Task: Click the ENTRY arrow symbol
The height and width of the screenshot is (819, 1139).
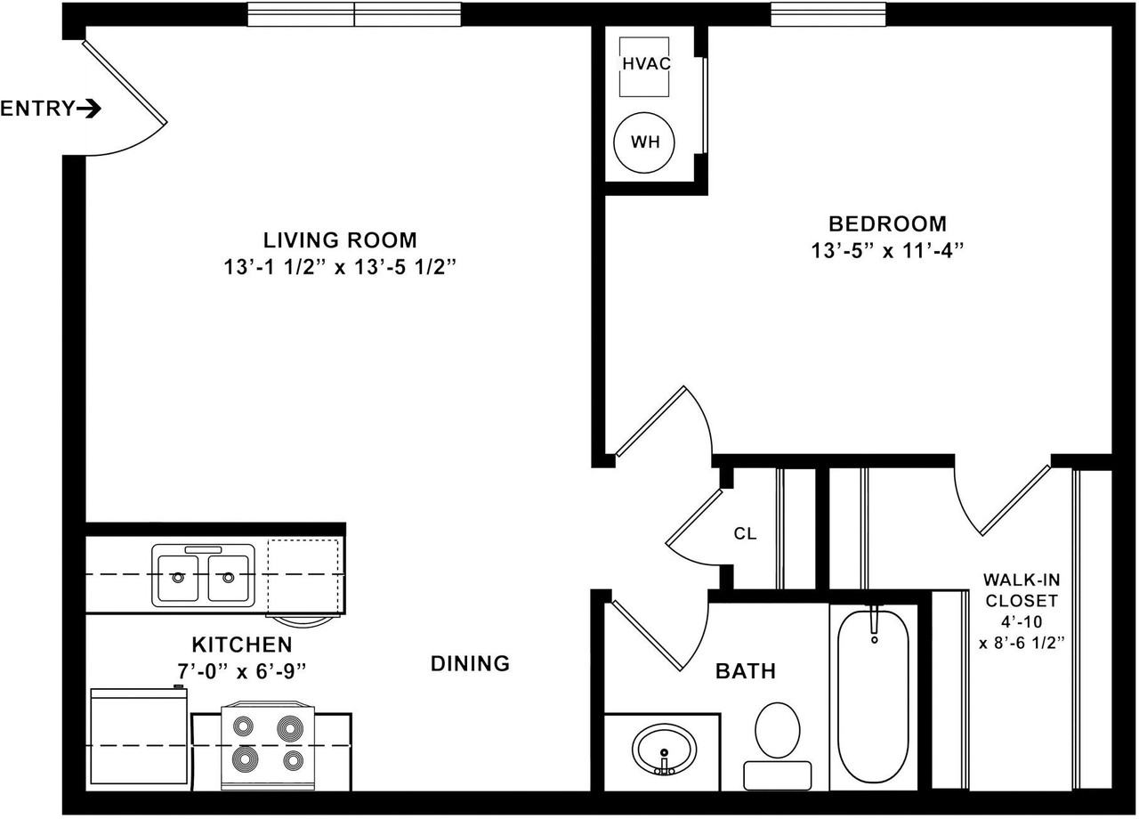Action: click(x=89, y=109)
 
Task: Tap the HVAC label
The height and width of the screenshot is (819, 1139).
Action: click(x=646, y=63)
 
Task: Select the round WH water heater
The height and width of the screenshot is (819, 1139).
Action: click(x=644, y=142)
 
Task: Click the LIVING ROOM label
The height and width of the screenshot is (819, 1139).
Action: click(x=340, y=240)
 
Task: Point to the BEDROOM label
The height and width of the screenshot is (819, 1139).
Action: click(x=887, y=223)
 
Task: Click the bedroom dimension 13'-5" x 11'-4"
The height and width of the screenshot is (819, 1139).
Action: click(x=887, y=250)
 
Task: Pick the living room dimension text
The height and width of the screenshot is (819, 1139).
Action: click(x=340, y=266)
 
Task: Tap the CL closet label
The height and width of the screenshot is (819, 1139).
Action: click(x=745, y=533)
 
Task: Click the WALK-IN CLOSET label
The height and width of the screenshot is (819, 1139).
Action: click(x=1022, y=590)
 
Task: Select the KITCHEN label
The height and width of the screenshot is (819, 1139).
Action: click(x=242, y=645)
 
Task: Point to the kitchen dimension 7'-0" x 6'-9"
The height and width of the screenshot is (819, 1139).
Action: click(x=242, y=671)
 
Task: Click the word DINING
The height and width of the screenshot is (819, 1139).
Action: click(x=470, y=663)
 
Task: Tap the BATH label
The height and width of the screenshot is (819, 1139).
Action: click(x=746, y=671)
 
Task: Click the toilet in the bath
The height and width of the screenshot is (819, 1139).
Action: click(x=778, y=745)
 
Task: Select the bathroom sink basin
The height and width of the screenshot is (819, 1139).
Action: click(x=664, y=750)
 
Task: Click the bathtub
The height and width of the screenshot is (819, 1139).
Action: click(x=873, y=696)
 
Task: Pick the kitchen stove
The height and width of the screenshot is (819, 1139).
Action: click(x=268, y=746)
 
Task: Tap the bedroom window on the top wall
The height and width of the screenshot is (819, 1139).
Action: click(x=828, y=14)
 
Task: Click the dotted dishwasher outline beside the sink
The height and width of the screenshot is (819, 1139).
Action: click(x=303, y=576)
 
